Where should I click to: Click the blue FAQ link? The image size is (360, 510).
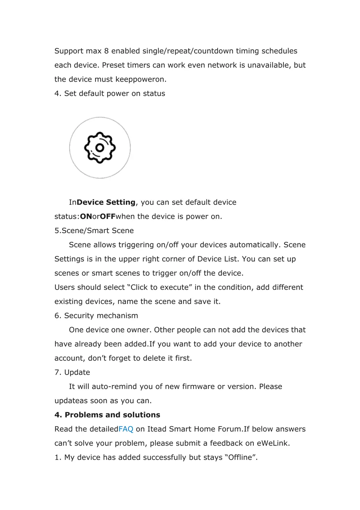coord(126,429)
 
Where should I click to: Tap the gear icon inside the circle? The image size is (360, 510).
coord(100,148)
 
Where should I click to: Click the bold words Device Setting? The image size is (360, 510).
coord(106,202)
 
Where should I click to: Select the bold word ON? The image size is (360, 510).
coord(86,216)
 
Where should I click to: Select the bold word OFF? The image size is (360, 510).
coord(107,216)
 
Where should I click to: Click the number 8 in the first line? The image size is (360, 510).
coord(106,51)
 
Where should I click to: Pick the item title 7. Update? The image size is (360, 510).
coord(72,372)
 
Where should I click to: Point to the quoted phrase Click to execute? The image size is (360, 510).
coord(160,287)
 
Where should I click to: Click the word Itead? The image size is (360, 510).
coord(157,429)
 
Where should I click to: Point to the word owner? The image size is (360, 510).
coord(139,330)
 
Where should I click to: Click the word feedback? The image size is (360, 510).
coord(226,443)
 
